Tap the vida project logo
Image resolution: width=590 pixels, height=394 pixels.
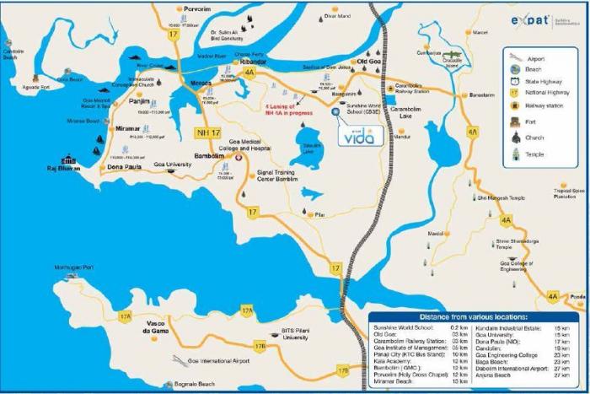(x=357, y=135)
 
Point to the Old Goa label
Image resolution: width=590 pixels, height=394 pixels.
(x=371, y=62)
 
